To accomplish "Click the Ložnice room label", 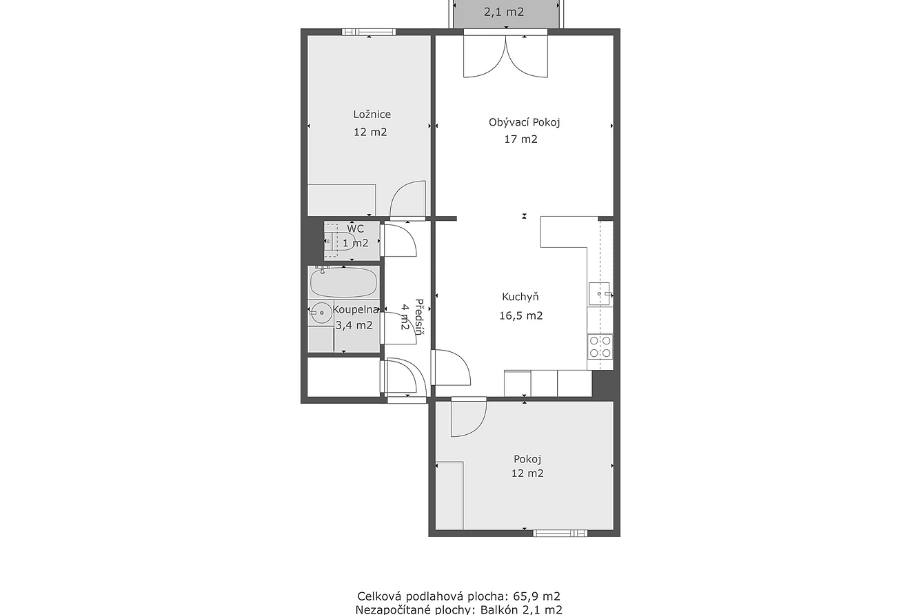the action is click(372, 115).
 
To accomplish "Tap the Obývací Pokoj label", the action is click(524, 122).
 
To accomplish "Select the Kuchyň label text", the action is click(520, 297).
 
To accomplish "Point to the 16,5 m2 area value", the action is click(521, 315).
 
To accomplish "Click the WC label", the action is click(356, 228).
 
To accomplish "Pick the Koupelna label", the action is click(356, 309).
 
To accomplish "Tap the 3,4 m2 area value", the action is click(354, 326).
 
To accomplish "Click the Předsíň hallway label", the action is click(419, 317).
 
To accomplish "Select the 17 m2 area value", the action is click(521, 139).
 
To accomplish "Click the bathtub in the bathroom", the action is click(343, 282).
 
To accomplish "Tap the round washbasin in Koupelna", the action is click(321, 313).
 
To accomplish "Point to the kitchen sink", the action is click(599, 293).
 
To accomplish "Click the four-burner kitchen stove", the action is click(600, 346).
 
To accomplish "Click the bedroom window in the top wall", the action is click(369, 32).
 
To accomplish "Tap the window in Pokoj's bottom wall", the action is click(560, 533).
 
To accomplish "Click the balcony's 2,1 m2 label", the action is click(504, 12).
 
